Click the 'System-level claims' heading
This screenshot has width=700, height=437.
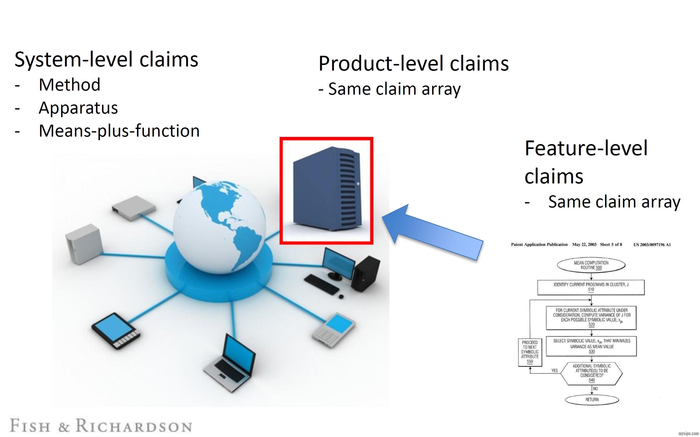click(106, 59)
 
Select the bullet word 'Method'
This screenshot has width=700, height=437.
click(69, 85)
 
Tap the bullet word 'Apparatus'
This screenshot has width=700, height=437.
click(78, 108)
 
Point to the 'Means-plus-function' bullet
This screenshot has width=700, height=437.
click(119, 131)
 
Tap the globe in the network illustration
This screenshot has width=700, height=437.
click(220, 227)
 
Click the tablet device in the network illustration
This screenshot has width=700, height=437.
click(116, 331)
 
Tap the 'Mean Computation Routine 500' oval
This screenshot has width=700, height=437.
click(591, 265)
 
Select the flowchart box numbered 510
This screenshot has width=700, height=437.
click(591, 287)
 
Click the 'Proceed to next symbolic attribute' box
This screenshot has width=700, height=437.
click(530, 352)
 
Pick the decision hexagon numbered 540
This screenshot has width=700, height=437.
click(592, 373)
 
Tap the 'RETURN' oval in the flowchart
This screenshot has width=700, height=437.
click(592, 399)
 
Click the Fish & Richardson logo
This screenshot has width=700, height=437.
click(101, 426)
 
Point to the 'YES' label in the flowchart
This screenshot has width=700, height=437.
click(554, 370)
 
